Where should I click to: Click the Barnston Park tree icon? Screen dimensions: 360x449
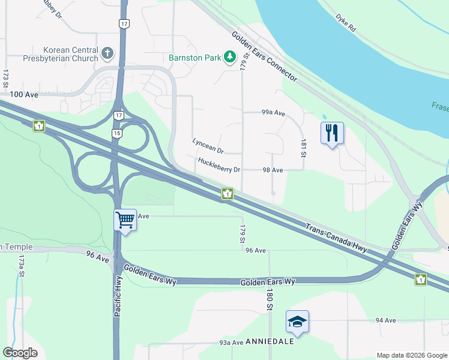pos(229,57)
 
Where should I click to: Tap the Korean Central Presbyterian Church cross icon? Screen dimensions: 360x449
pos(107,53)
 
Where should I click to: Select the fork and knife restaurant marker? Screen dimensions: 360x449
pos(332,133)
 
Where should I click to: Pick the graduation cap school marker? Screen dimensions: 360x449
pos(297,322)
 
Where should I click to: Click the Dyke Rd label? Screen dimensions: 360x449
pos(346,23)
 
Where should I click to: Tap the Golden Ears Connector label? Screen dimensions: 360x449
pos(264,57)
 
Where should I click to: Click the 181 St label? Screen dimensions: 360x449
pos(303,147)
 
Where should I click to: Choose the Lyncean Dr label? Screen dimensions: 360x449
pos(208,145)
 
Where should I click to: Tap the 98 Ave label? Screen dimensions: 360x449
pos(273,170)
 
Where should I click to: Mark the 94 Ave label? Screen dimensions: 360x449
pos(385,321)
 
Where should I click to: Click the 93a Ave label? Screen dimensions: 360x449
pos(231,343)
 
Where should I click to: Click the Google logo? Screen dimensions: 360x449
pos(20,353)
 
